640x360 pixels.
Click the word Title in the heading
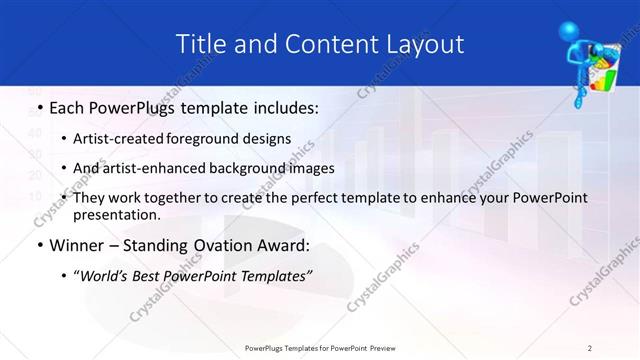coord(200,44)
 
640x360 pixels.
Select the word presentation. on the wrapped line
coord(118,214)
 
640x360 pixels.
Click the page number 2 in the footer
coord(590,348)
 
